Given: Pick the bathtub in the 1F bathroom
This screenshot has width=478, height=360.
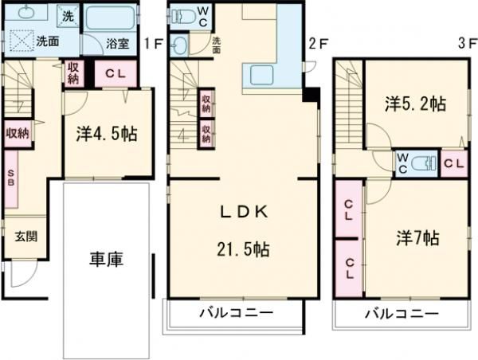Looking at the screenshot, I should click(112, 21).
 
